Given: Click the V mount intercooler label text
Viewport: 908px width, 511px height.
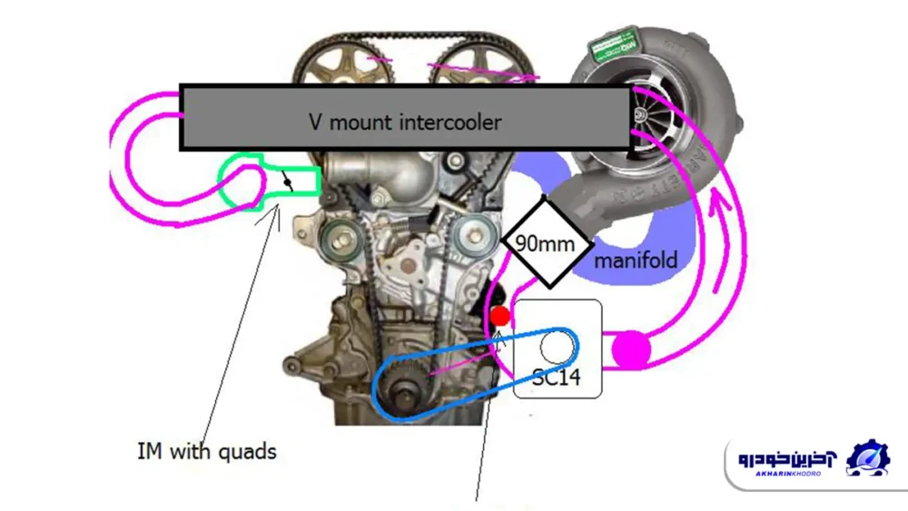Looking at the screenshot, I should click(404, 121).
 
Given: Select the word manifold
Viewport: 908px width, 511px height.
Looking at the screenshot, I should click(636, 260).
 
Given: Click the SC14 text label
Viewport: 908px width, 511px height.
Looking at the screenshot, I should click(557, 378).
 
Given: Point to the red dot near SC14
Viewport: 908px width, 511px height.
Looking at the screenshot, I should click(499, 316).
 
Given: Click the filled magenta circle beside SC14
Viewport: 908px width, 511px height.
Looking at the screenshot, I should click(631, 349).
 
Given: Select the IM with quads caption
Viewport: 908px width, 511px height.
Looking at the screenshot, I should click(206, 450).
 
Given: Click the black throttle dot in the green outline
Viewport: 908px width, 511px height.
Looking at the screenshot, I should click(288, 183).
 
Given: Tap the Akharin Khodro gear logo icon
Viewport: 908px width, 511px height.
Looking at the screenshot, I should click(868, 459).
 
